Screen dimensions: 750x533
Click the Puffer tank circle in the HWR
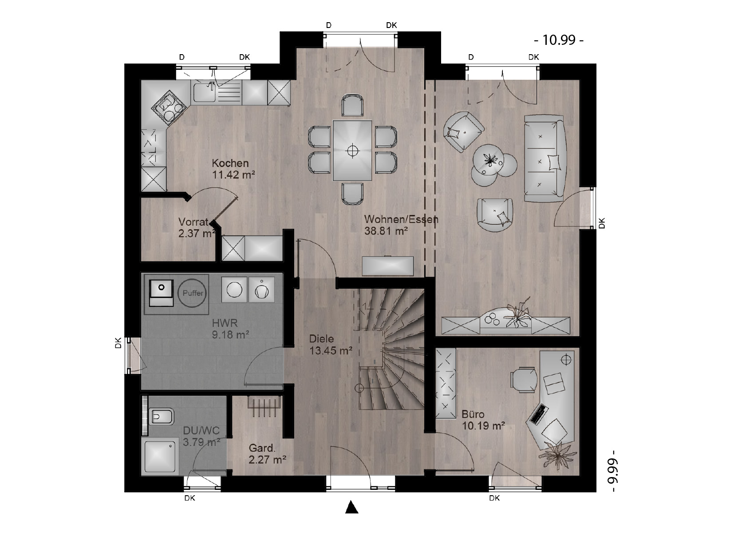pos(193,293)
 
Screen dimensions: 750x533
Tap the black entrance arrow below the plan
pos(351,507)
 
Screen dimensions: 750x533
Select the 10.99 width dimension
pos(559,40)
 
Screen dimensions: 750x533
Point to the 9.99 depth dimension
pos(613,471)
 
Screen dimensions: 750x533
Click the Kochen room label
pos(230,163)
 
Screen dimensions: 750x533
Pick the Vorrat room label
pos(193,222)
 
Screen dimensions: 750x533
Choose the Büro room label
pos(473,414)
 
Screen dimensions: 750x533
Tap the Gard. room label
pos(262,448)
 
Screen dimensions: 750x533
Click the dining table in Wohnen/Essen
pos(352,151)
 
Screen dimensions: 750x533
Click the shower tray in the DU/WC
pos(160,456)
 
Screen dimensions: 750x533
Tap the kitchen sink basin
pos(205,92)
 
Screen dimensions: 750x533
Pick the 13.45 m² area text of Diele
pos(331,351)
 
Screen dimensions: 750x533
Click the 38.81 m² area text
pos(386,231)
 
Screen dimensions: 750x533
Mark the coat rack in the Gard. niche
pos(264,406)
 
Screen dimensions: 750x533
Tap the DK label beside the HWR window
pos(118,343)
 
